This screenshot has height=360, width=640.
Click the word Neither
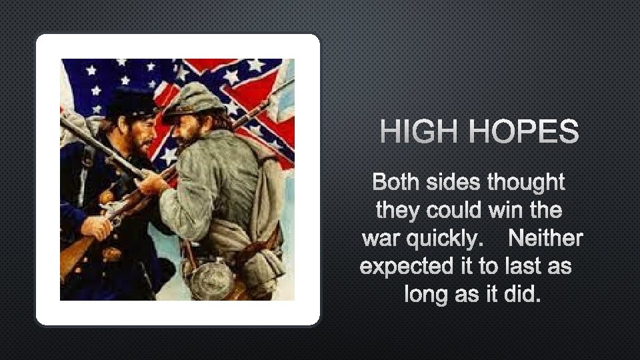point(545,238)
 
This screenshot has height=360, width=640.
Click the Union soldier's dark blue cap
point(131,101)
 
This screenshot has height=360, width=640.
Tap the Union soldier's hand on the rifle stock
point(97,227)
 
